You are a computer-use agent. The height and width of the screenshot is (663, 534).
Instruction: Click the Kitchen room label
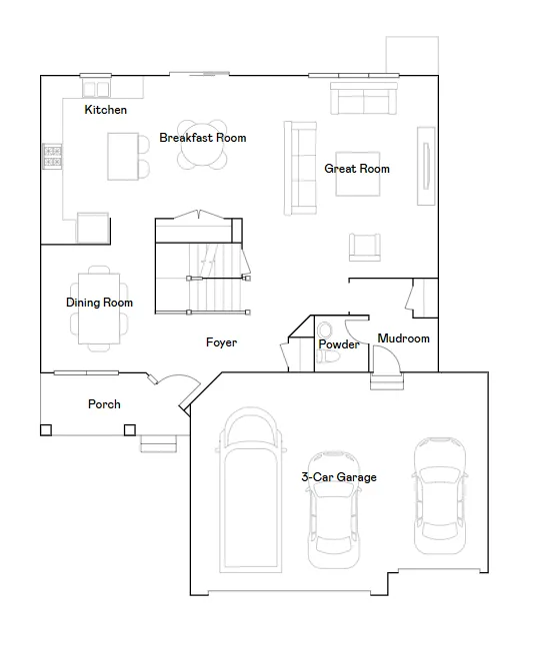pos(105,110)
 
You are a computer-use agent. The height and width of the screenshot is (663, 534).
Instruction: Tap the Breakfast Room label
pos(202,138)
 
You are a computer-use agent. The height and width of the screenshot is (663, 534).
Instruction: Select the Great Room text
pos(357,169)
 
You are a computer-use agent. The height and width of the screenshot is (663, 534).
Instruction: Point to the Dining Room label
pos(99,303)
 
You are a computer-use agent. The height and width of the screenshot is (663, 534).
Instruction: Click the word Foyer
pos(221,342)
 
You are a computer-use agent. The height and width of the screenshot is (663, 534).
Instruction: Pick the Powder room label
pos(339,344)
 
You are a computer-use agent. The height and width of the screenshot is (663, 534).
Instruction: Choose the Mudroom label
pos(403,338)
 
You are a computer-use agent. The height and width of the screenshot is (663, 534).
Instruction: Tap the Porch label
pos(104,404)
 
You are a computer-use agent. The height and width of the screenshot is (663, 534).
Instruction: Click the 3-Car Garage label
pos(339,477)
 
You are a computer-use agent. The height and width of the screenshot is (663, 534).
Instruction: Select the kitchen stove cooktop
pos(52,157)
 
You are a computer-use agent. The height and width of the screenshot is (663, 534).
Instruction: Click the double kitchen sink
pos(96,89)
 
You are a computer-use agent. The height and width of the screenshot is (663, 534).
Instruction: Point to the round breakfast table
pos(202,145)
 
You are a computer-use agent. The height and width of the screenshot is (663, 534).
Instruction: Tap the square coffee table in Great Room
pos(357,174)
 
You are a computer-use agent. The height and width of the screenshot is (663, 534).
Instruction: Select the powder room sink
pos(325,330)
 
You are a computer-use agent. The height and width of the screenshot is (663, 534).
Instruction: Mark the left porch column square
pos(46,430)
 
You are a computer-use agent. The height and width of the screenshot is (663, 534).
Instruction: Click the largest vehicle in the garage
pos(250,490)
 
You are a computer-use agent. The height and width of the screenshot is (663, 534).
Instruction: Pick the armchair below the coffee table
pos(365,247)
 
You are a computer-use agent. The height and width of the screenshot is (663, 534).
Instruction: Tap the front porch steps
pos(158,444)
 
